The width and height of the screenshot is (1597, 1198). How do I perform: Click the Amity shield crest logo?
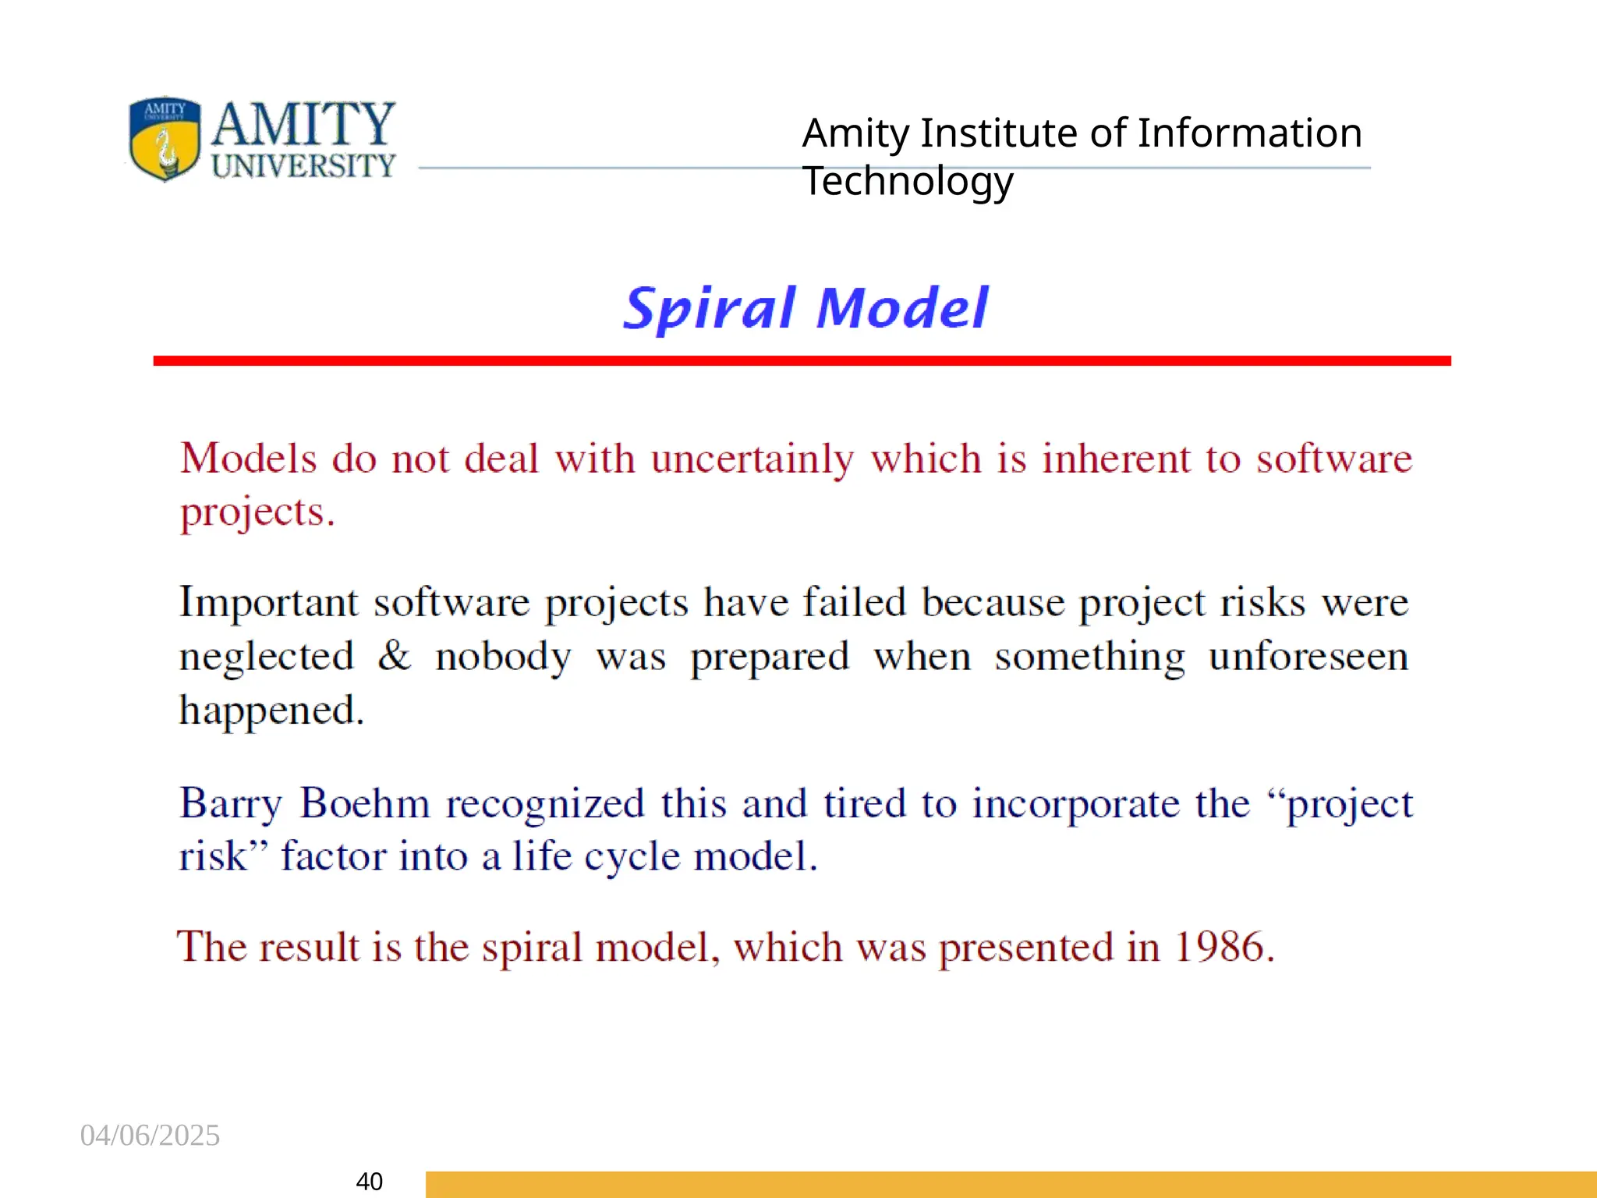point(165,139)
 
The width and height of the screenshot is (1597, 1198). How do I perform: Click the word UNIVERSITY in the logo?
point(303,165)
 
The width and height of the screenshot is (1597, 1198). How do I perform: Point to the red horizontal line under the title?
point(802,360)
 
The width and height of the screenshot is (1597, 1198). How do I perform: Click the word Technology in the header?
point(908,182)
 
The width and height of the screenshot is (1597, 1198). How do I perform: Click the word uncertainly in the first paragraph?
point(752,459)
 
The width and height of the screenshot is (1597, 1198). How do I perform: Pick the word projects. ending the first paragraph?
point(257,512)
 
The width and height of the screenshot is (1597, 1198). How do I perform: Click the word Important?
point(268,603)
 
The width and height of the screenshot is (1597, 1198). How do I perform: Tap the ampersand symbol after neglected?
point(395,655)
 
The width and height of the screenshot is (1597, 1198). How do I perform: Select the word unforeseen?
point(1308,656)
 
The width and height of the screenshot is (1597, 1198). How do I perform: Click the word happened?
point(271,711)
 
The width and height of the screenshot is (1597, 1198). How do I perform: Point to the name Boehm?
point(364,803)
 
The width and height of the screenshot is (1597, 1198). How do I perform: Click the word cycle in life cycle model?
point(632,856)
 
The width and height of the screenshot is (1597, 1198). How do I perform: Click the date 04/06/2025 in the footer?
point(150,1136)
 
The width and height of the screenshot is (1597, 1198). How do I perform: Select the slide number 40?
point(369,1181)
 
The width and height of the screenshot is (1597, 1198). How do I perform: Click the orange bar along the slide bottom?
point(1011,1184)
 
